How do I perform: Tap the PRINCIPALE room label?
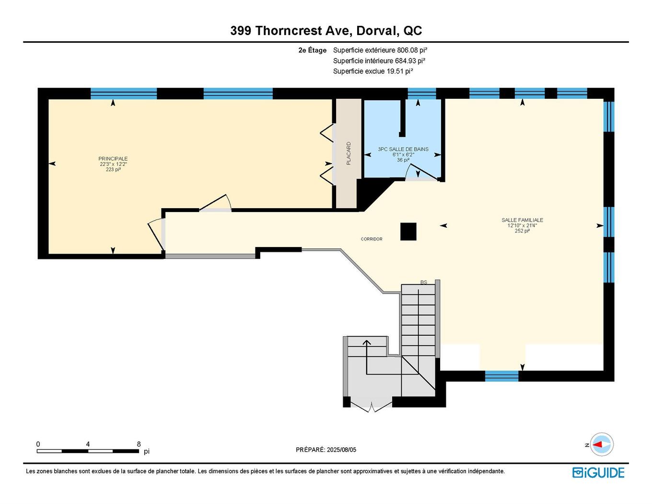(x=113, y=159)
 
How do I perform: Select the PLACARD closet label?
(x=349, y=153)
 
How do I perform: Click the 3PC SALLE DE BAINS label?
(x=403, y=149)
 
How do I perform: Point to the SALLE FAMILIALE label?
(x=522, y=220)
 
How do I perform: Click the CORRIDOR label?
(x=372, y=239)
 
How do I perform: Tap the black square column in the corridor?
(x=408, y=232)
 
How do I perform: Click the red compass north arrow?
(x=597, y=445)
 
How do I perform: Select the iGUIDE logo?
(x=598, y=472)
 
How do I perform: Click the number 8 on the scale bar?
(x=139, y=444)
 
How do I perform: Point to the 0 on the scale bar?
(x=38, y=444)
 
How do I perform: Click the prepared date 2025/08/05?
(x=341, y=450)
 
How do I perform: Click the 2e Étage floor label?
(x=312, y=50)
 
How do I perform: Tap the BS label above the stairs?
(x=423, y=282)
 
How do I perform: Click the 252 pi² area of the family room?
(x=522, y=231)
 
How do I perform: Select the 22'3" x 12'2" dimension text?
(x=113, y=164)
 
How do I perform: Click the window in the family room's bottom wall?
(x=501, y=375)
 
